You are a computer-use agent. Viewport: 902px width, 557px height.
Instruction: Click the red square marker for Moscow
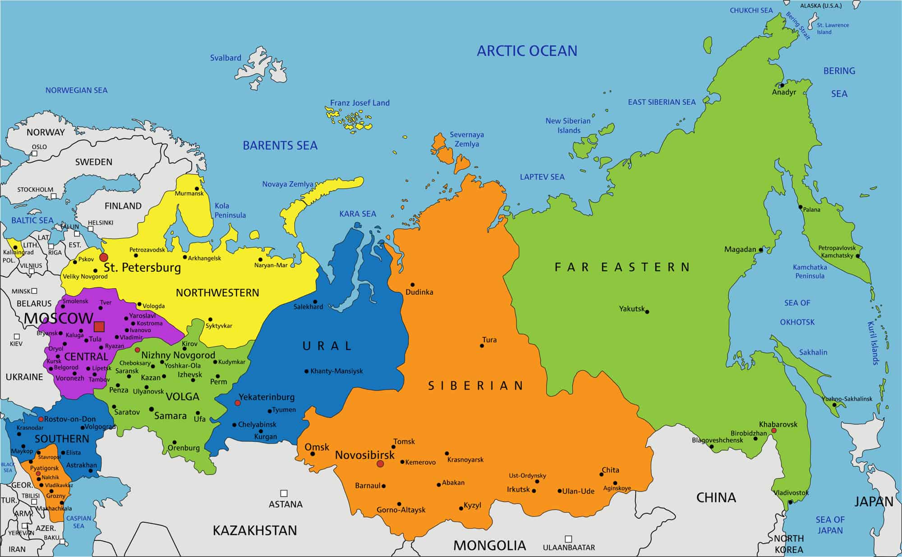(99, 326)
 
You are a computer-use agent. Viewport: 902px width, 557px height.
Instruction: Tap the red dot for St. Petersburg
(104, 257)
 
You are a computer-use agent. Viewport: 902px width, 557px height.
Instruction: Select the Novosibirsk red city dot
(380, 464)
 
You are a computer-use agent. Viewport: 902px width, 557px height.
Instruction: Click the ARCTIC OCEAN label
(527, 51)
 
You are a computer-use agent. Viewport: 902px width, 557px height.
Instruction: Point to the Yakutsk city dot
(647, 311)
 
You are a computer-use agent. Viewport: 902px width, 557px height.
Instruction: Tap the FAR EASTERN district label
(622, 267)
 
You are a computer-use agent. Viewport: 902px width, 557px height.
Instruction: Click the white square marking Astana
(284, 493)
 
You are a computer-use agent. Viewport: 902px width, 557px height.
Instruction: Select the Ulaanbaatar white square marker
(568, 539)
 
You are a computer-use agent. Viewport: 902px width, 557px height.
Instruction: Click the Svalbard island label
(225, 58)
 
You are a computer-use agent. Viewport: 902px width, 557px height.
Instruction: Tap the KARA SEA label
(358, 214)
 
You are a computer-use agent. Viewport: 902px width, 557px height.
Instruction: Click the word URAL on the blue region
(327, 346)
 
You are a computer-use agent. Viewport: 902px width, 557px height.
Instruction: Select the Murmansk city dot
(197, 189)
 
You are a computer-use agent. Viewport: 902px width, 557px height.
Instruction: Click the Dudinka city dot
(412, 285)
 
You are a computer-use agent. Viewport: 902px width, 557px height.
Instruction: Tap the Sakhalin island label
(813, 352)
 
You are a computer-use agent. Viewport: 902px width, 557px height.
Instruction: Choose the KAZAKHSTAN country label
(255, 530)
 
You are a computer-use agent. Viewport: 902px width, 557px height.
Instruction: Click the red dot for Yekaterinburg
(238, 403)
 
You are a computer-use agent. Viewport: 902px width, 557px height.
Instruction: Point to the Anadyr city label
(784, 92)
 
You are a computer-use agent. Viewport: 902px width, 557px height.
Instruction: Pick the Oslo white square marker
(35, 153)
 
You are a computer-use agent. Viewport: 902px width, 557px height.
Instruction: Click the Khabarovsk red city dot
(774, 431)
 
